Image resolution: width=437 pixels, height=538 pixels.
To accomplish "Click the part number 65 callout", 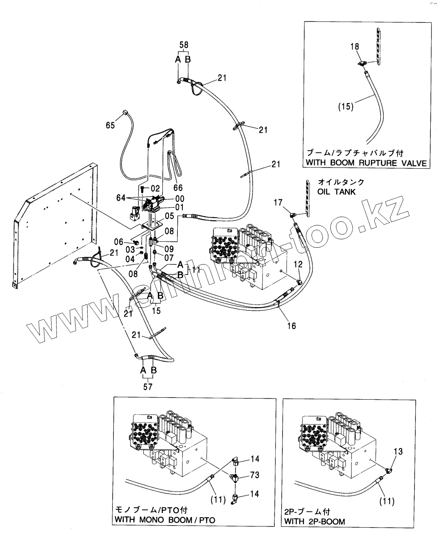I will point(110,125).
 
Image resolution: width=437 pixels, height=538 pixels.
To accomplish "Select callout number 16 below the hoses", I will point(292,326).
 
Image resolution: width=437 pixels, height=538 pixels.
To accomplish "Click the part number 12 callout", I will point(299,264).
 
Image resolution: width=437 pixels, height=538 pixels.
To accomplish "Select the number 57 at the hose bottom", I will point(148,387).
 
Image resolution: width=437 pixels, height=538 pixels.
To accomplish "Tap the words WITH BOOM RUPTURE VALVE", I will point(366,162).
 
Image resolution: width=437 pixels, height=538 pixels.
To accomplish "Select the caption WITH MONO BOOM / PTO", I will point(165,520).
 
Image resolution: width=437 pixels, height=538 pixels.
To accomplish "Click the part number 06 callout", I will point(119,242).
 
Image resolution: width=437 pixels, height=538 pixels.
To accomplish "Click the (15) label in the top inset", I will point(346,106).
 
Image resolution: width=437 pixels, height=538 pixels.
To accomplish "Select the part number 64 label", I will point(120,199).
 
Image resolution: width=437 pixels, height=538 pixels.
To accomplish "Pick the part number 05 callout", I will point(169,216).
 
